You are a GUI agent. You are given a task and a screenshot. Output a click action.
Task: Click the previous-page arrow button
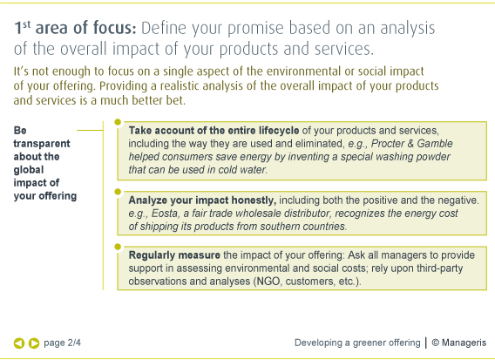click(x=19, y=343)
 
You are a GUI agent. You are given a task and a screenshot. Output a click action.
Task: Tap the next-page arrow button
click(x=34, y=343)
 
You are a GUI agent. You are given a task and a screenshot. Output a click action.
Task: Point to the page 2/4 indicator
click(x=62, y=343)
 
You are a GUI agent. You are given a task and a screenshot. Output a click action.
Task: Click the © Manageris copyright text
click(x=459, y=343)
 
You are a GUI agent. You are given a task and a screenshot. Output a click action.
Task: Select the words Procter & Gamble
click(x=411, y=143)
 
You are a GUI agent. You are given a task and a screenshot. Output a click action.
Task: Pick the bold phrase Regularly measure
click(x=174, y=255)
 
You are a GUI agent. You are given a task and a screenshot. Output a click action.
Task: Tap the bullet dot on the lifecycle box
click(x=118, y=122)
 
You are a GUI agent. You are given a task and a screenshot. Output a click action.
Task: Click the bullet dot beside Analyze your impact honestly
click(x=118, y=192)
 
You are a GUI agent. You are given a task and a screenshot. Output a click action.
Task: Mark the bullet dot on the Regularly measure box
click(x=118, y=247)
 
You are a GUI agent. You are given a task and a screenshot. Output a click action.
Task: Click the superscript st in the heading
click(x=26, y=24)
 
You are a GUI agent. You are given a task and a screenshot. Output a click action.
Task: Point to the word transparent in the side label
click(x=42, y=144)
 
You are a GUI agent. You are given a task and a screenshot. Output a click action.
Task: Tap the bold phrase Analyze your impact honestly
click(x=202, y=200)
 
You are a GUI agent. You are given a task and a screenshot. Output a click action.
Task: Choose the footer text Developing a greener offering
click(x=357, y=343)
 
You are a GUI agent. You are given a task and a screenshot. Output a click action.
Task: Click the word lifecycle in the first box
click(x=279, y=131)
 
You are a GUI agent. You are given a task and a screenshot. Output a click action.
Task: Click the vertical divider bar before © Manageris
click(x=426, y=343)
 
